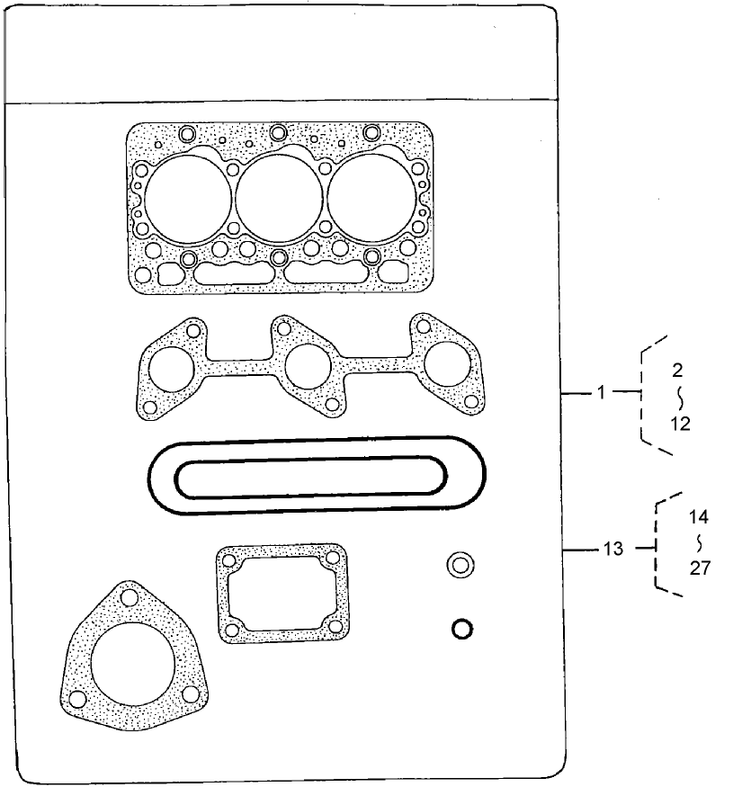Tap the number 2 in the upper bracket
click(x=676, y=369)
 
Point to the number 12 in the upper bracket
click(x=681, y=424)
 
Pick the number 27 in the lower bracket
click(x=701, y=568)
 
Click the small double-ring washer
click(x=460, y=565)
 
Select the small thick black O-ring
click(x=461, y=629)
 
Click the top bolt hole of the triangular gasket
click(x=129, y=598)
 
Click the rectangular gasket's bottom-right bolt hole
click(x=335, y=627)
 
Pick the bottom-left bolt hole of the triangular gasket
click(x=78, y=699)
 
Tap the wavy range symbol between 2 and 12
click(x=681, y=396)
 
